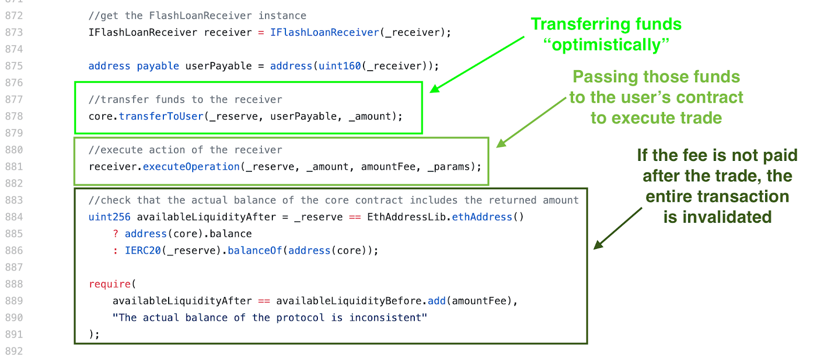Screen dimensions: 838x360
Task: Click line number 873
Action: coord(14,32)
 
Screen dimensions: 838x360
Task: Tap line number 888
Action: coord(14,284)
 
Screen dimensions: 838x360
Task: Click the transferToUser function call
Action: coord(161,116)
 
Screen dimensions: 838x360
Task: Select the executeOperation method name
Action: coord(191,167)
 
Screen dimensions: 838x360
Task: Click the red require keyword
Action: coord(110,284)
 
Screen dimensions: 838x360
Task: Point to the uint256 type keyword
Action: coord(109,217)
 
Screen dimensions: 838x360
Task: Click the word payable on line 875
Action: coord(158,66)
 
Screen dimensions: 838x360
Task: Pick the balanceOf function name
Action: coord(255,250)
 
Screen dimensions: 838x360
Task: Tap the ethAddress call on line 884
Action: coord(482,217)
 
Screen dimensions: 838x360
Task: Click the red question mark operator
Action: coord(116,234)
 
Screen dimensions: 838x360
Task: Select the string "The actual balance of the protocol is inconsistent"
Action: coord(270,318)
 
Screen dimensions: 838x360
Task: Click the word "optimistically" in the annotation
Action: coord(607,45)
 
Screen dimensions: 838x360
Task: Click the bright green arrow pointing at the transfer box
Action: coord(477,64)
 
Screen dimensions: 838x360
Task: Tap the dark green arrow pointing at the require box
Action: coord(618,228)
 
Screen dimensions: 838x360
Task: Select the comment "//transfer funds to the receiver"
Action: coord(185,100)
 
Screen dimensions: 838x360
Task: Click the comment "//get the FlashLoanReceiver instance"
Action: coord(197,16)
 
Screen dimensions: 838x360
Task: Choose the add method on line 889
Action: coord(436,301)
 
